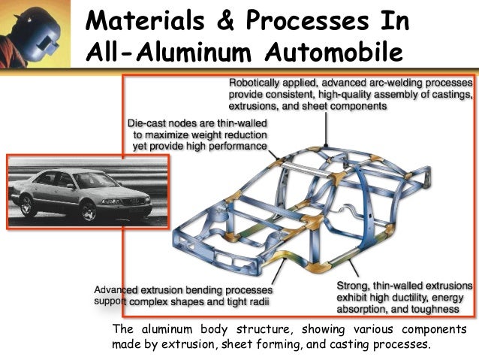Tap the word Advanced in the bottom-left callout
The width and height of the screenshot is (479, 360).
pos(116,290)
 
